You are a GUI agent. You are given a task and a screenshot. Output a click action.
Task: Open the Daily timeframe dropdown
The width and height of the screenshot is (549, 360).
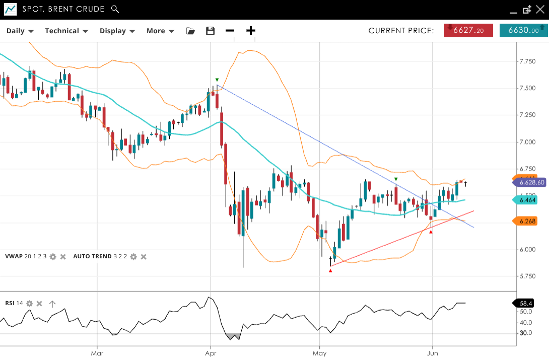coord(20,31)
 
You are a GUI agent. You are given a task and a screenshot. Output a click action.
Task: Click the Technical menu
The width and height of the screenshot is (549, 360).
coord(66,31)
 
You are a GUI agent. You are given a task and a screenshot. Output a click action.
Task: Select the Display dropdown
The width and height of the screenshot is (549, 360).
coord(117,31)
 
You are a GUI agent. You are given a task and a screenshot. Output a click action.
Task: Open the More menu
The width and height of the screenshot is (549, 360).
coord(160,31)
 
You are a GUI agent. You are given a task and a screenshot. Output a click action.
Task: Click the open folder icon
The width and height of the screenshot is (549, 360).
coord(190,31)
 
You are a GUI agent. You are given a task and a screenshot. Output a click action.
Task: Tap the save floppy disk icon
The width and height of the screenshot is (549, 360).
coord(211,31)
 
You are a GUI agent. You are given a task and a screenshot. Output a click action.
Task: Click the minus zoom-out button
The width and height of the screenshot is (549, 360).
coord(230,31)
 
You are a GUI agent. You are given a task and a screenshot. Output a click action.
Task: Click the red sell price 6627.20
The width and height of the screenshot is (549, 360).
coord(468,31)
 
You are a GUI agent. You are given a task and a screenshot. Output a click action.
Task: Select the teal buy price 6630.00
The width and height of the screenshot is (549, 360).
coord(523,31)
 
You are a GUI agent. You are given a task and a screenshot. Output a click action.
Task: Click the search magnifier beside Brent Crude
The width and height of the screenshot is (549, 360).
coord(115,9)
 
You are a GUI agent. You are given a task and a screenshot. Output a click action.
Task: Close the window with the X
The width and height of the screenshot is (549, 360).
coord(540,9)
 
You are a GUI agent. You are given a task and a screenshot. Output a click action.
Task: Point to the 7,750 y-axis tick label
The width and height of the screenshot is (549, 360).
coord(527,61)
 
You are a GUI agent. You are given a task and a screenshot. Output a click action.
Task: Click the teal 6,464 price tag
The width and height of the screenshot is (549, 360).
coord(527,200)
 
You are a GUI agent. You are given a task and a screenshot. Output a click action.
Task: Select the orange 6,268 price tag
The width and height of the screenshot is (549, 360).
coord(527,221)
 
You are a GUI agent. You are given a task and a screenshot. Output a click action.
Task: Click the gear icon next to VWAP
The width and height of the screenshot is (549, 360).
coord(53,257)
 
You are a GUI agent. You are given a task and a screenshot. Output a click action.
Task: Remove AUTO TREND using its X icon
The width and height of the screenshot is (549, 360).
coord(144,257)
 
